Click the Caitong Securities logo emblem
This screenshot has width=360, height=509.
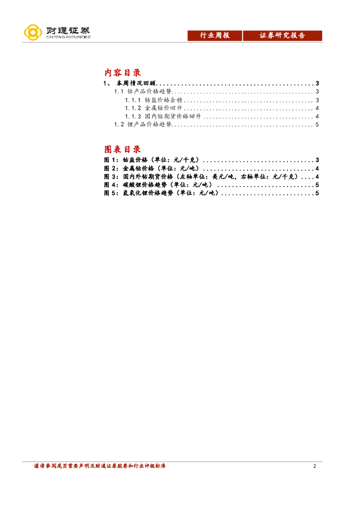point(33,33)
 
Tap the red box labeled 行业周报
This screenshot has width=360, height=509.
point(215,36)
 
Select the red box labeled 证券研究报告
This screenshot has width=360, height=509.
point(282,36)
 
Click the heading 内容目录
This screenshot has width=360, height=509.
point(123,73)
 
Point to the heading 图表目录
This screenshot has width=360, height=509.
point(123,149)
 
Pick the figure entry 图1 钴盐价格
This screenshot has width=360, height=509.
point(151,160)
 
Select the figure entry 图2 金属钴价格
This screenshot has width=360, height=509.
point(151,169)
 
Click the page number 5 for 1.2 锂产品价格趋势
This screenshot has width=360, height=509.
point(317,125)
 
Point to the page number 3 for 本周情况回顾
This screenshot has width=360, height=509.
point(317,83)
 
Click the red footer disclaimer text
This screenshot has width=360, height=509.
point(99,466)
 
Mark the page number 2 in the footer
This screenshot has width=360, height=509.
point(314,466)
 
